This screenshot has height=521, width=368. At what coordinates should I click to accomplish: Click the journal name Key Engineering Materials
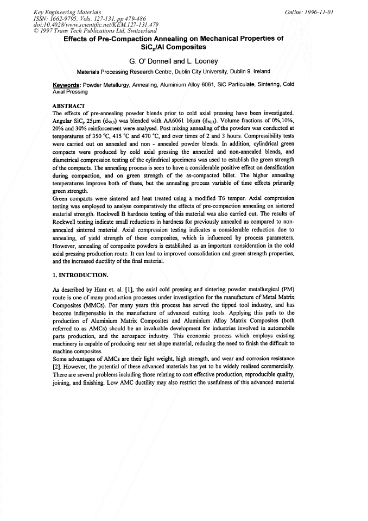point(62,11)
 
